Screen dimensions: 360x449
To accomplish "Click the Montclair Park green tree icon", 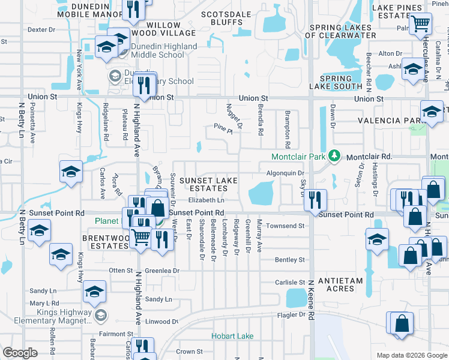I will [x=336, y=157].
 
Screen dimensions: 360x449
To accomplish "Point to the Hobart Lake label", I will [x=232, y=336].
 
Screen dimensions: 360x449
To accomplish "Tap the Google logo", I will [x=20, y=353].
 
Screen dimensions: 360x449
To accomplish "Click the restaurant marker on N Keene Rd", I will [x=315, y=200].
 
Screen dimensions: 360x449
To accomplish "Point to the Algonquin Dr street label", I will [x=286, y=173].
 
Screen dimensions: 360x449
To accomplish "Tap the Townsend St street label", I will [x=286, y=226].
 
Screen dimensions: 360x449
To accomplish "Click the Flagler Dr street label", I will [x=292, y=314].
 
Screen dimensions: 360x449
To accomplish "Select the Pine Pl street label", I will [x=223, y=127].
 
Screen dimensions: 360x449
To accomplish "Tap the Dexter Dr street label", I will [x=41, y=29].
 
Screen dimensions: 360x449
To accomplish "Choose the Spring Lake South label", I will [x=340, y=82].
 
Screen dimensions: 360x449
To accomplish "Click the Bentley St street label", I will [x=290, y=260].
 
